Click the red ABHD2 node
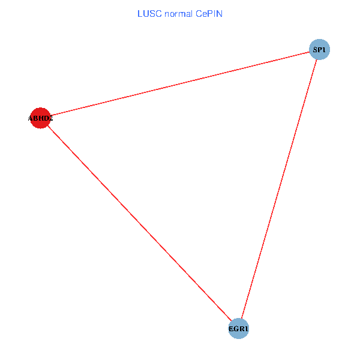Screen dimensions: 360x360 (x=40, y=118)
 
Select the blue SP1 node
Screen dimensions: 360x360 (x=319, y=49)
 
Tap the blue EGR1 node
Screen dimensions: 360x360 (x=239, y=329)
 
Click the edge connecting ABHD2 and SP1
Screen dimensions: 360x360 (x=180, y=83)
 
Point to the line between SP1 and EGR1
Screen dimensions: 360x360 (x=279, y=189)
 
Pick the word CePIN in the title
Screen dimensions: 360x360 (x=209, y=13)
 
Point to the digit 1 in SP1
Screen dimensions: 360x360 (x=324, y=49)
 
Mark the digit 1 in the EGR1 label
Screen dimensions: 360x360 (x=246, y=329)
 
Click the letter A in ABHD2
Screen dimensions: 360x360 (x=31, y=119)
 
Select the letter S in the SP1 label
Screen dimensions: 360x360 (x=315, y=49)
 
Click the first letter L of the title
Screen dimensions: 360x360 (x=140, y=13)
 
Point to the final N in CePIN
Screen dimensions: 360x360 (x=220, y=13)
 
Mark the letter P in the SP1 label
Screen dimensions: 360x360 (x=320, y=49)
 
